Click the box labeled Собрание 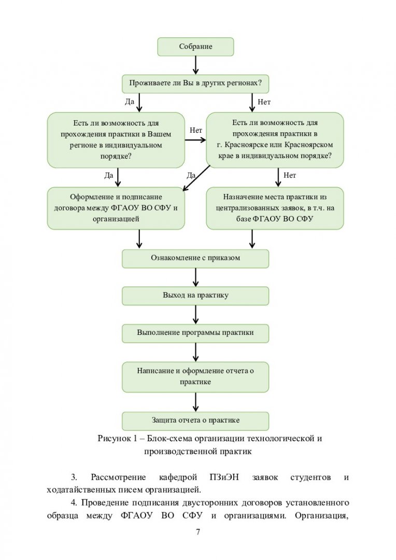pos(196,47)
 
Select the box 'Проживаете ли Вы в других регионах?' pos(195,83)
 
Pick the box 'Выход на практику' pos(195,296)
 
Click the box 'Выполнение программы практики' pos(195,333)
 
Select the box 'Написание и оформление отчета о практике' pos(195,377)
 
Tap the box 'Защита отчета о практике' pos(195,421)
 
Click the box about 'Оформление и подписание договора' pos(116,208)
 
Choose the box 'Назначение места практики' pos(275,208)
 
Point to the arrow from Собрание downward pos(196,65)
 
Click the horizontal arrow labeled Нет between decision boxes pos(196,140)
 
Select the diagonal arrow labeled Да pos(196,178)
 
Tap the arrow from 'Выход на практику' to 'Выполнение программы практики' pos(196,315)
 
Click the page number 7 pos(198,532)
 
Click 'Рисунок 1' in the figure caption pos(117,438)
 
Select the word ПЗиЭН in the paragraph pos(224,477)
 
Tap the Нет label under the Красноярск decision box pos(290,175)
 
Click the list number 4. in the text pos(74,502)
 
